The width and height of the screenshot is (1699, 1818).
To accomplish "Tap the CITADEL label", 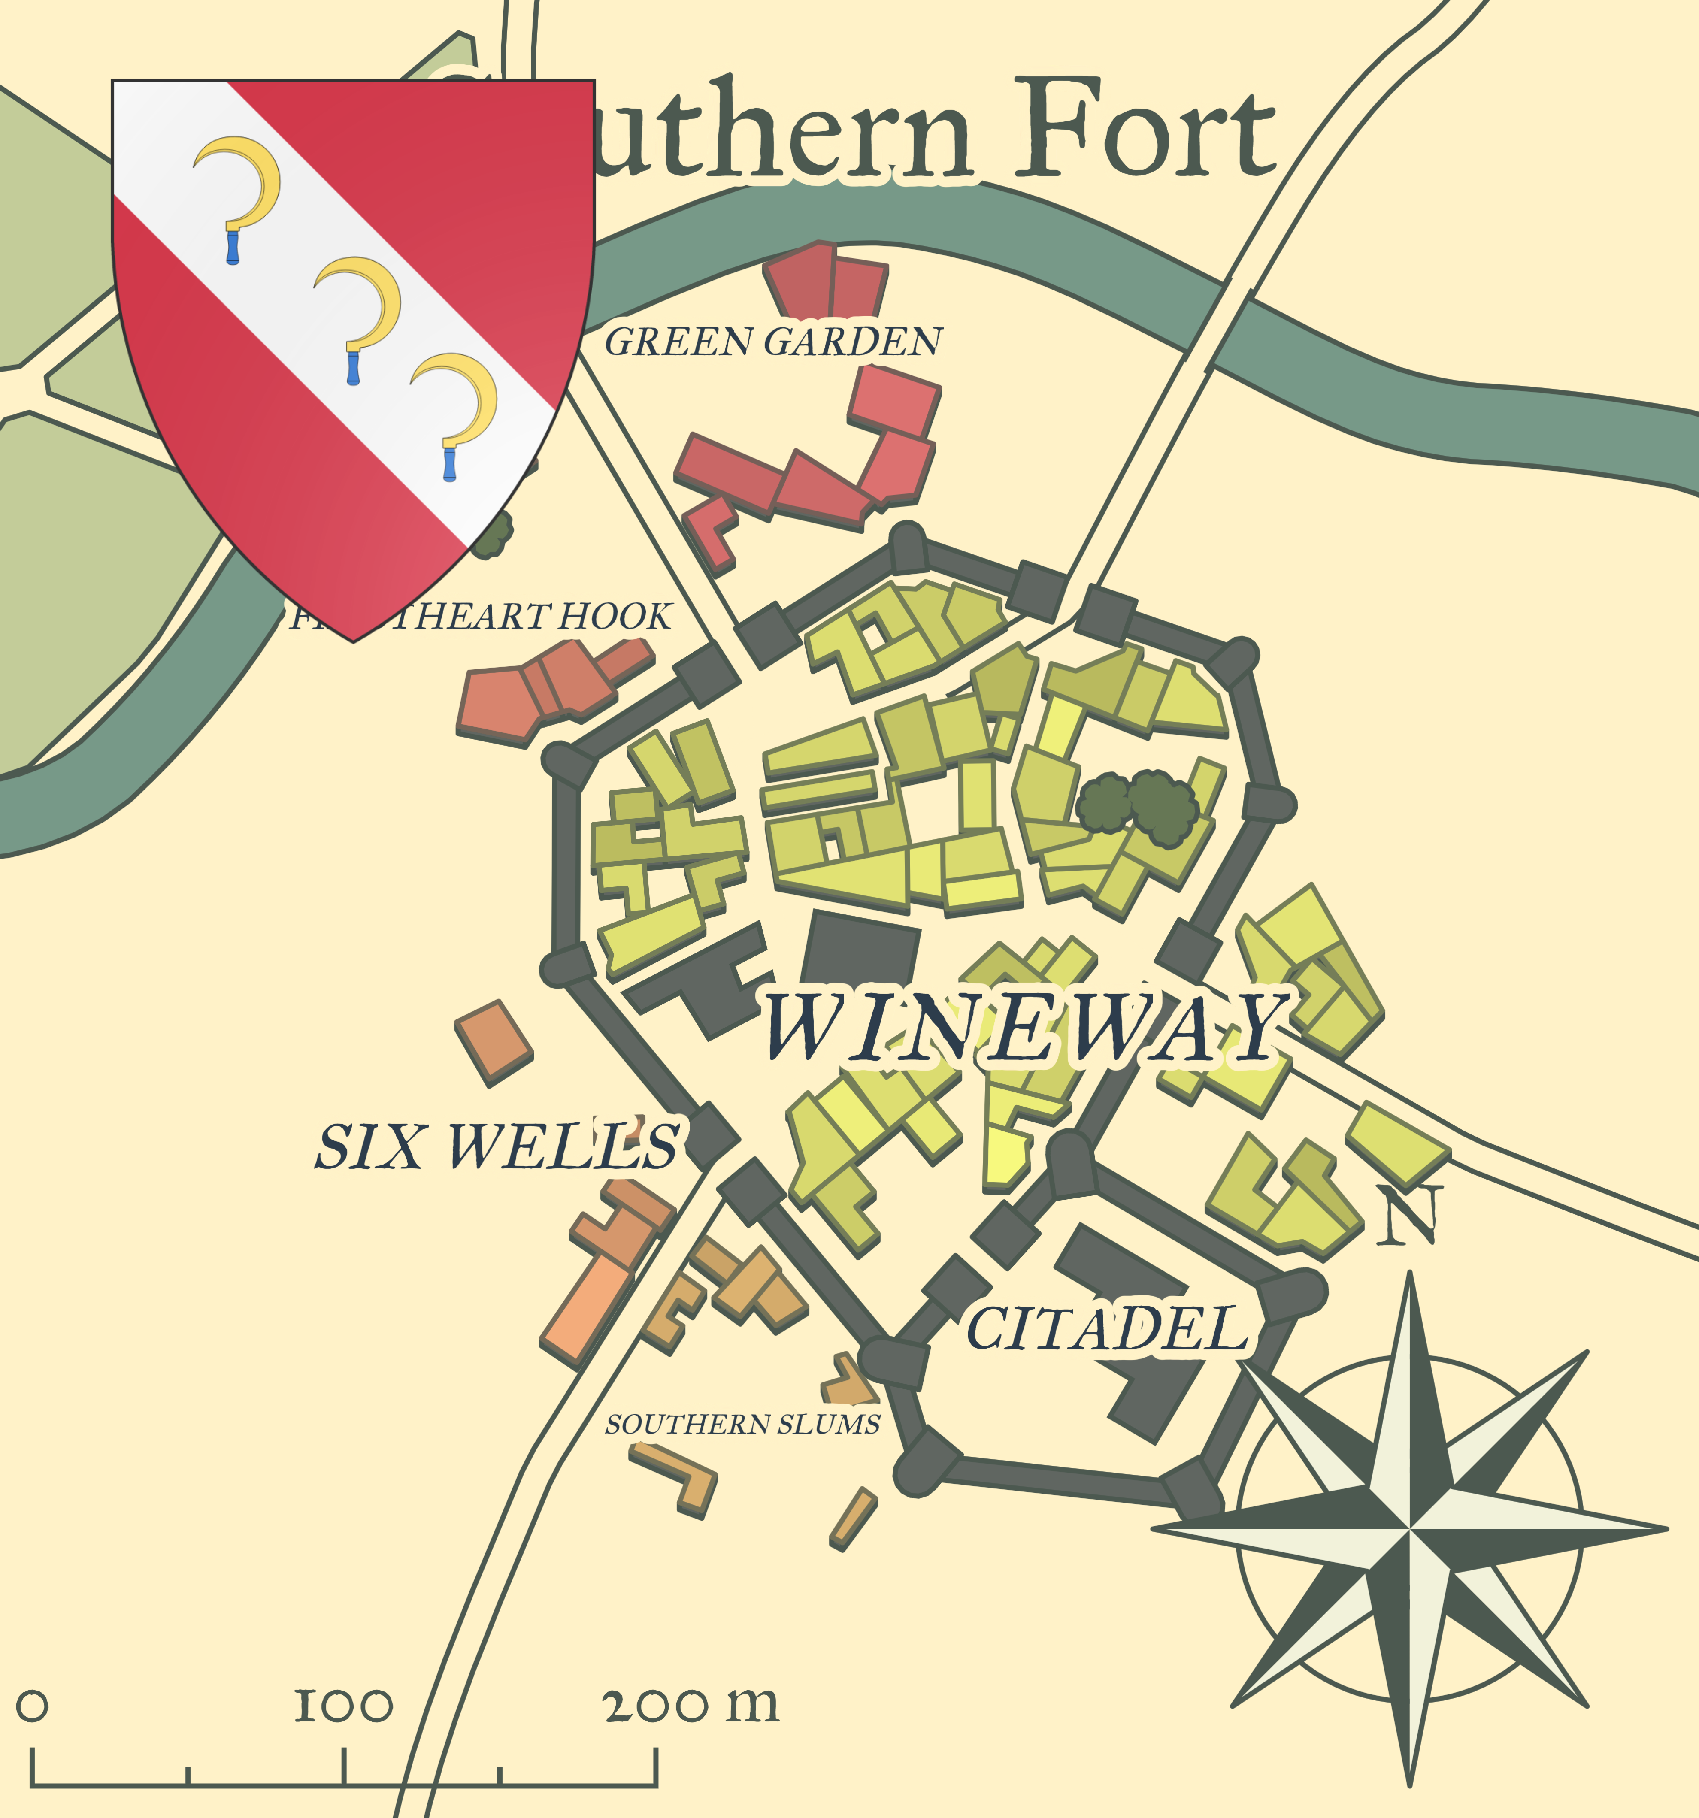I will pos(1106,1329).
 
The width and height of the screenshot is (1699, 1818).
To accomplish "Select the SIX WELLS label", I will pos(497,1146).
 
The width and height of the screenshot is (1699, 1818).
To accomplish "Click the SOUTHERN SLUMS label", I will pos(742,1424).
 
